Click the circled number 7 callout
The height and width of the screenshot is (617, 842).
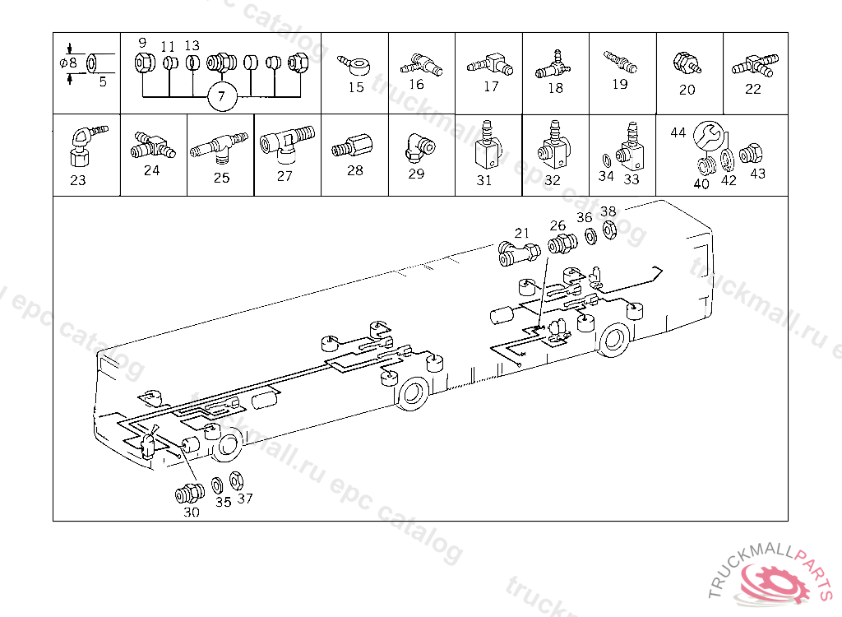point(222,97)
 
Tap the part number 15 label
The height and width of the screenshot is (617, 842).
point(356,87)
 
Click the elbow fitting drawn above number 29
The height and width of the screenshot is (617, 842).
point(419,146)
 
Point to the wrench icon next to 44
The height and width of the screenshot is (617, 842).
point(708,136)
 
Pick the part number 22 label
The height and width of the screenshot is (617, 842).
point(753,89)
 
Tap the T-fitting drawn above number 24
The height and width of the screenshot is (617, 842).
point(152,145)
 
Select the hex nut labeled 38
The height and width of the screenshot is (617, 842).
point(609,230)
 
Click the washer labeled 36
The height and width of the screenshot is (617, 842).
point(590,236)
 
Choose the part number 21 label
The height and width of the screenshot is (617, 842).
point(521,233)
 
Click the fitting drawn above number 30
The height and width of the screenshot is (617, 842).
point(190,494)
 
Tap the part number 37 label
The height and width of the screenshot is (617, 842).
point(245,499)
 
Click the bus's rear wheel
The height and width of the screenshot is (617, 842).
point(614,339)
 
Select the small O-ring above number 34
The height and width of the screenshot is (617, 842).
point(606,160)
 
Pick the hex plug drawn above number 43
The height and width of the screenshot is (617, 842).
point(751,154)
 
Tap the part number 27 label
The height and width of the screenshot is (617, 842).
point(285,176)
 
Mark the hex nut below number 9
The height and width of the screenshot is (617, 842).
point(145,63)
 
